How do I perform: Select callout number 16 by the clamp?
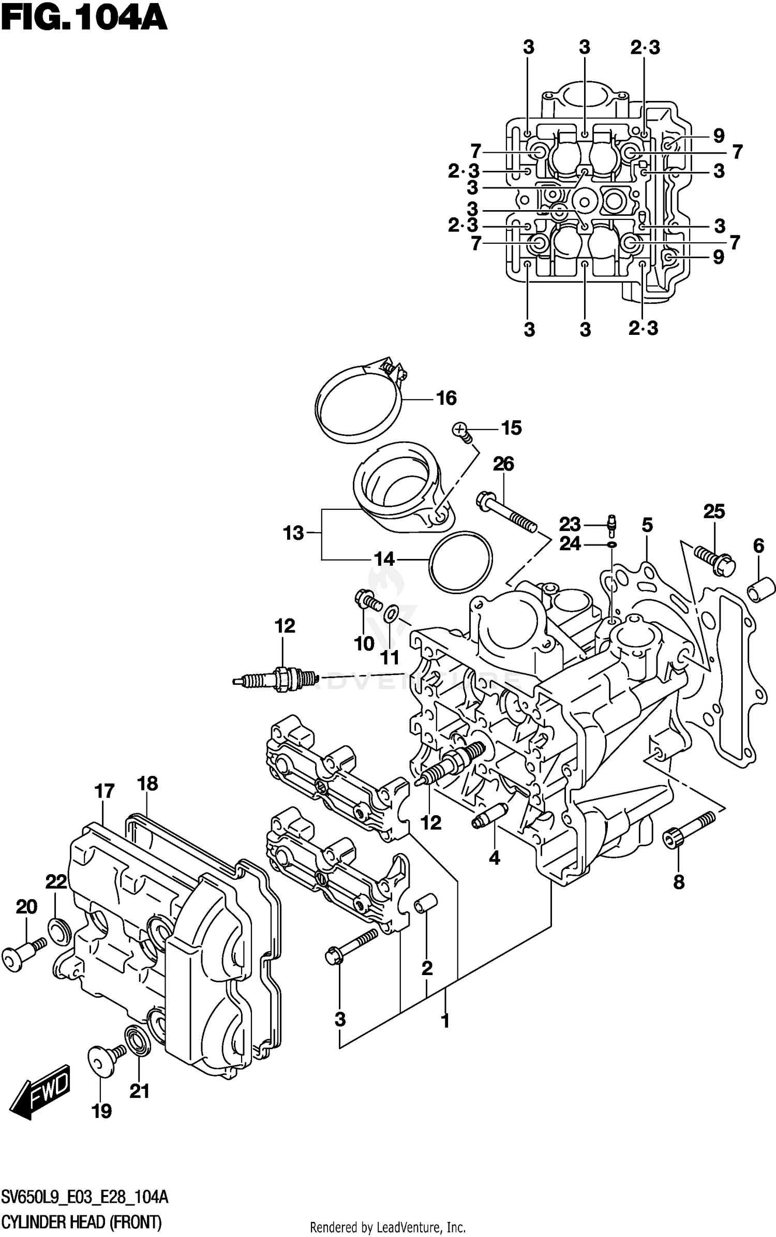(446, 398)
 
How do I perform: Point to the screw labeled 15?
(461, 431)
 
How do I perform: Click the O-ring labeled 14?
(460, 561)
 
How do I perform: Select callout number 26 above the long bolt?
(503, 464)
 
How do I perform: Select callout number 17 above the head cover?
(104, 791)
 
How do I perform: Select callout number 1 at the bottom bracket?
(444, 1021)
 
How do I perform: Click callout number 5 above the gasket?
(647, 525)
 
